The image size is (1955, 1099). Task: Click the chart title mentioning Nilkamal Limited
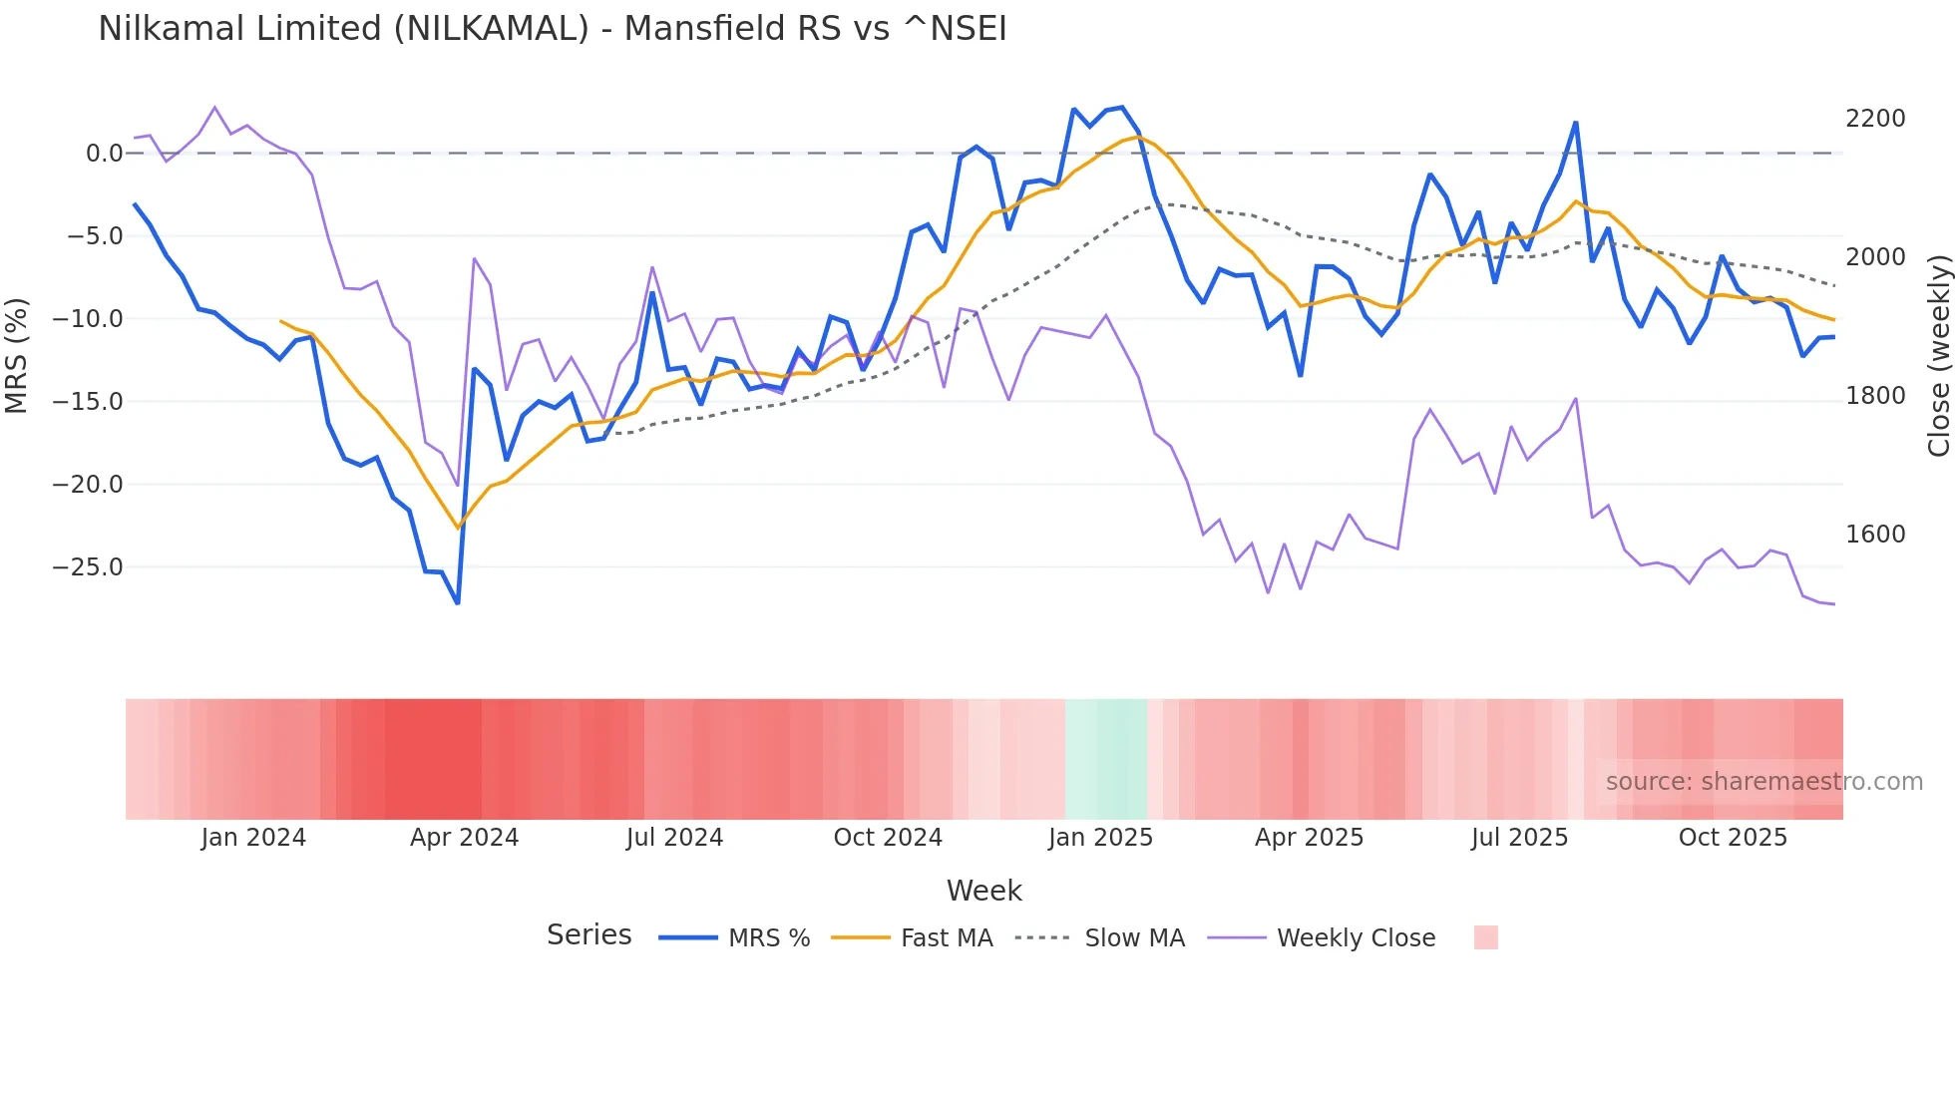point(552,29)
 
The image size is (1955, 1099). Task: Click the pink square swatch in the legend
point(1485,937)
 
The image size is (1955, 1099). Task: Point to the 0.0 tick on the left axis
point(104,154)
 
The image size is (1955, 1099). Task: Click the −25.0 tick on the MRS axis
point(87,567)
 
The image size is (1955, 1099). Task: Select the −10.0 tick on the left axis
point(87,319)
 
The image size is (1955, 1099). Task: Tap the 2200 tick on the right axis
point(1874,119)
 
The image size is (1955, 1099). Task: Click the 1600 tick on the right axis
point(1874,535)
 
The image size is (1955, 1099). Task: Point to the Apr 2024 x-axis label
point(464,838)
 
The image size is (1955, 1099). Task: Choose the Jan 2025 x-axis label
point(1100,838)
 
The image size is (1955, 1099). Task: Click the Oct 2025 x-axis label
point(1733,838)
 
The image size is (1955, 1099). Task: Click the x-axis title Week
point(983,891)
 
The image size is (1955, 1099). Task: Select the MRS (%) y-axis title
point(17,355)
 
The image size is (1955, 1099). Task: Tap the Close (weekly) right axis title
point(1938,355)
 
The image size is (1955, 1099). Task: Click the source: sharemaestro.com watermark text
point(1763,782)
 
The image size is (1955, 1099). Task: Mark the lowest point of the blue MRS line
point(458,602)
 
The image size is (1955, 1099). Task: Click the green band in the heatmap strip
point(1106,759)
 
